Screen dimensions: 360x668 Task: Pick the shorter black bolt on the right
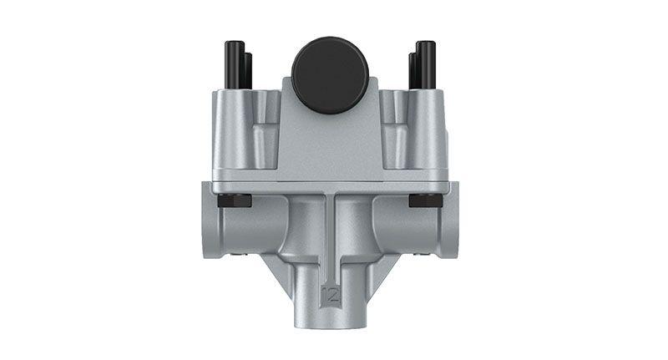click(x=412, y=70)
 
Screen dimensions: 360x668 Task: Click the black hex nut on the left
click(x=235, y=200)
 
